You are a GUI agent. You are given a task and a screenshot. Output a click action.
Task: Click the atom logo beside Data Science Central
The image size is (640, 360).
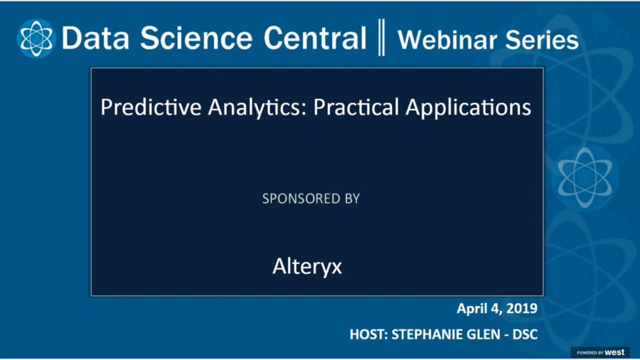(x=36, y=38)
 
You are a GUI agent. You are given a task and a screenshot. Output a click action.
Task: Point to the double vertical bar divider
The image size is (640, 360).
(x=382, y=38)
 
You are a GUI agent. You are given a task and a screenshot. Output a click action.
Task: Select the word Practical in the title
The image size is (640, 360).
(x=354, y=107)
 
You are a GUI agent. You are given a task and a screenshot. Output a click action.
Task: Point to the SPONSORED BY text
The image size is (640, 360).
(x=311, y=198)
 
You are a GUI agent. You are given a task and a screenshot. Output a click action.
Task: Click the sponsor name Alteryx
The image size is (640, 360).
(x=307, y=267)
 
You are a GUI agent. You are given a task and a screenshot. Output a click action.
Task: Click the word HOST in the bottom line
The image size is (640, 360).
(x=368, y=333)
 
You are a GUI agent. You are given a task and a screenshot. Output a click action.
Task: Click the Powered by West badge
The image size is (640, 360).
(x=599, y=352)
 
